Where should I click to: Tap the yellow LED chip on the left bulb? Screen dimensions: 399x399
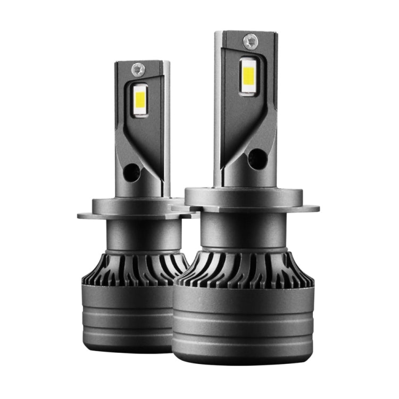140,100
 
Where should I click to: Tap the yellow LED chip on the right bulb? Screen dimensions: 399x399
247,75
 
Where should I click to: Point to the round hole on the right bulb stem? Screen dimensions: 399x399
257,157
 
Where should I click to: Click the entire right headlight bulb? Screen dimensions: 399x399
245,213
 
